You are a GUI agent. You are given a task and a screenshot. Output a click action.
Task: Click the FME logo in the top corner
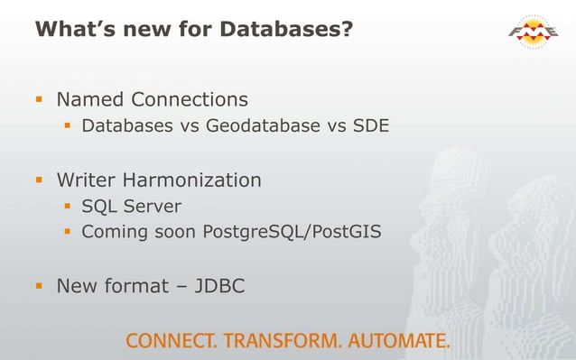pyautogui.click(x=535, y=34)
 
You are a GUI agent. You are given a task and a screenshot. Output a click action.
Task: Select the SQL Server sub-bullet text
pyautogui.click(x=132, y=206)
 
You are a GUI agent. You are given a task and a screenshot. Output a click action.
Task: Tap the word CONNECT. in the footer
pyautogui.click(x=174, y=341)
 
